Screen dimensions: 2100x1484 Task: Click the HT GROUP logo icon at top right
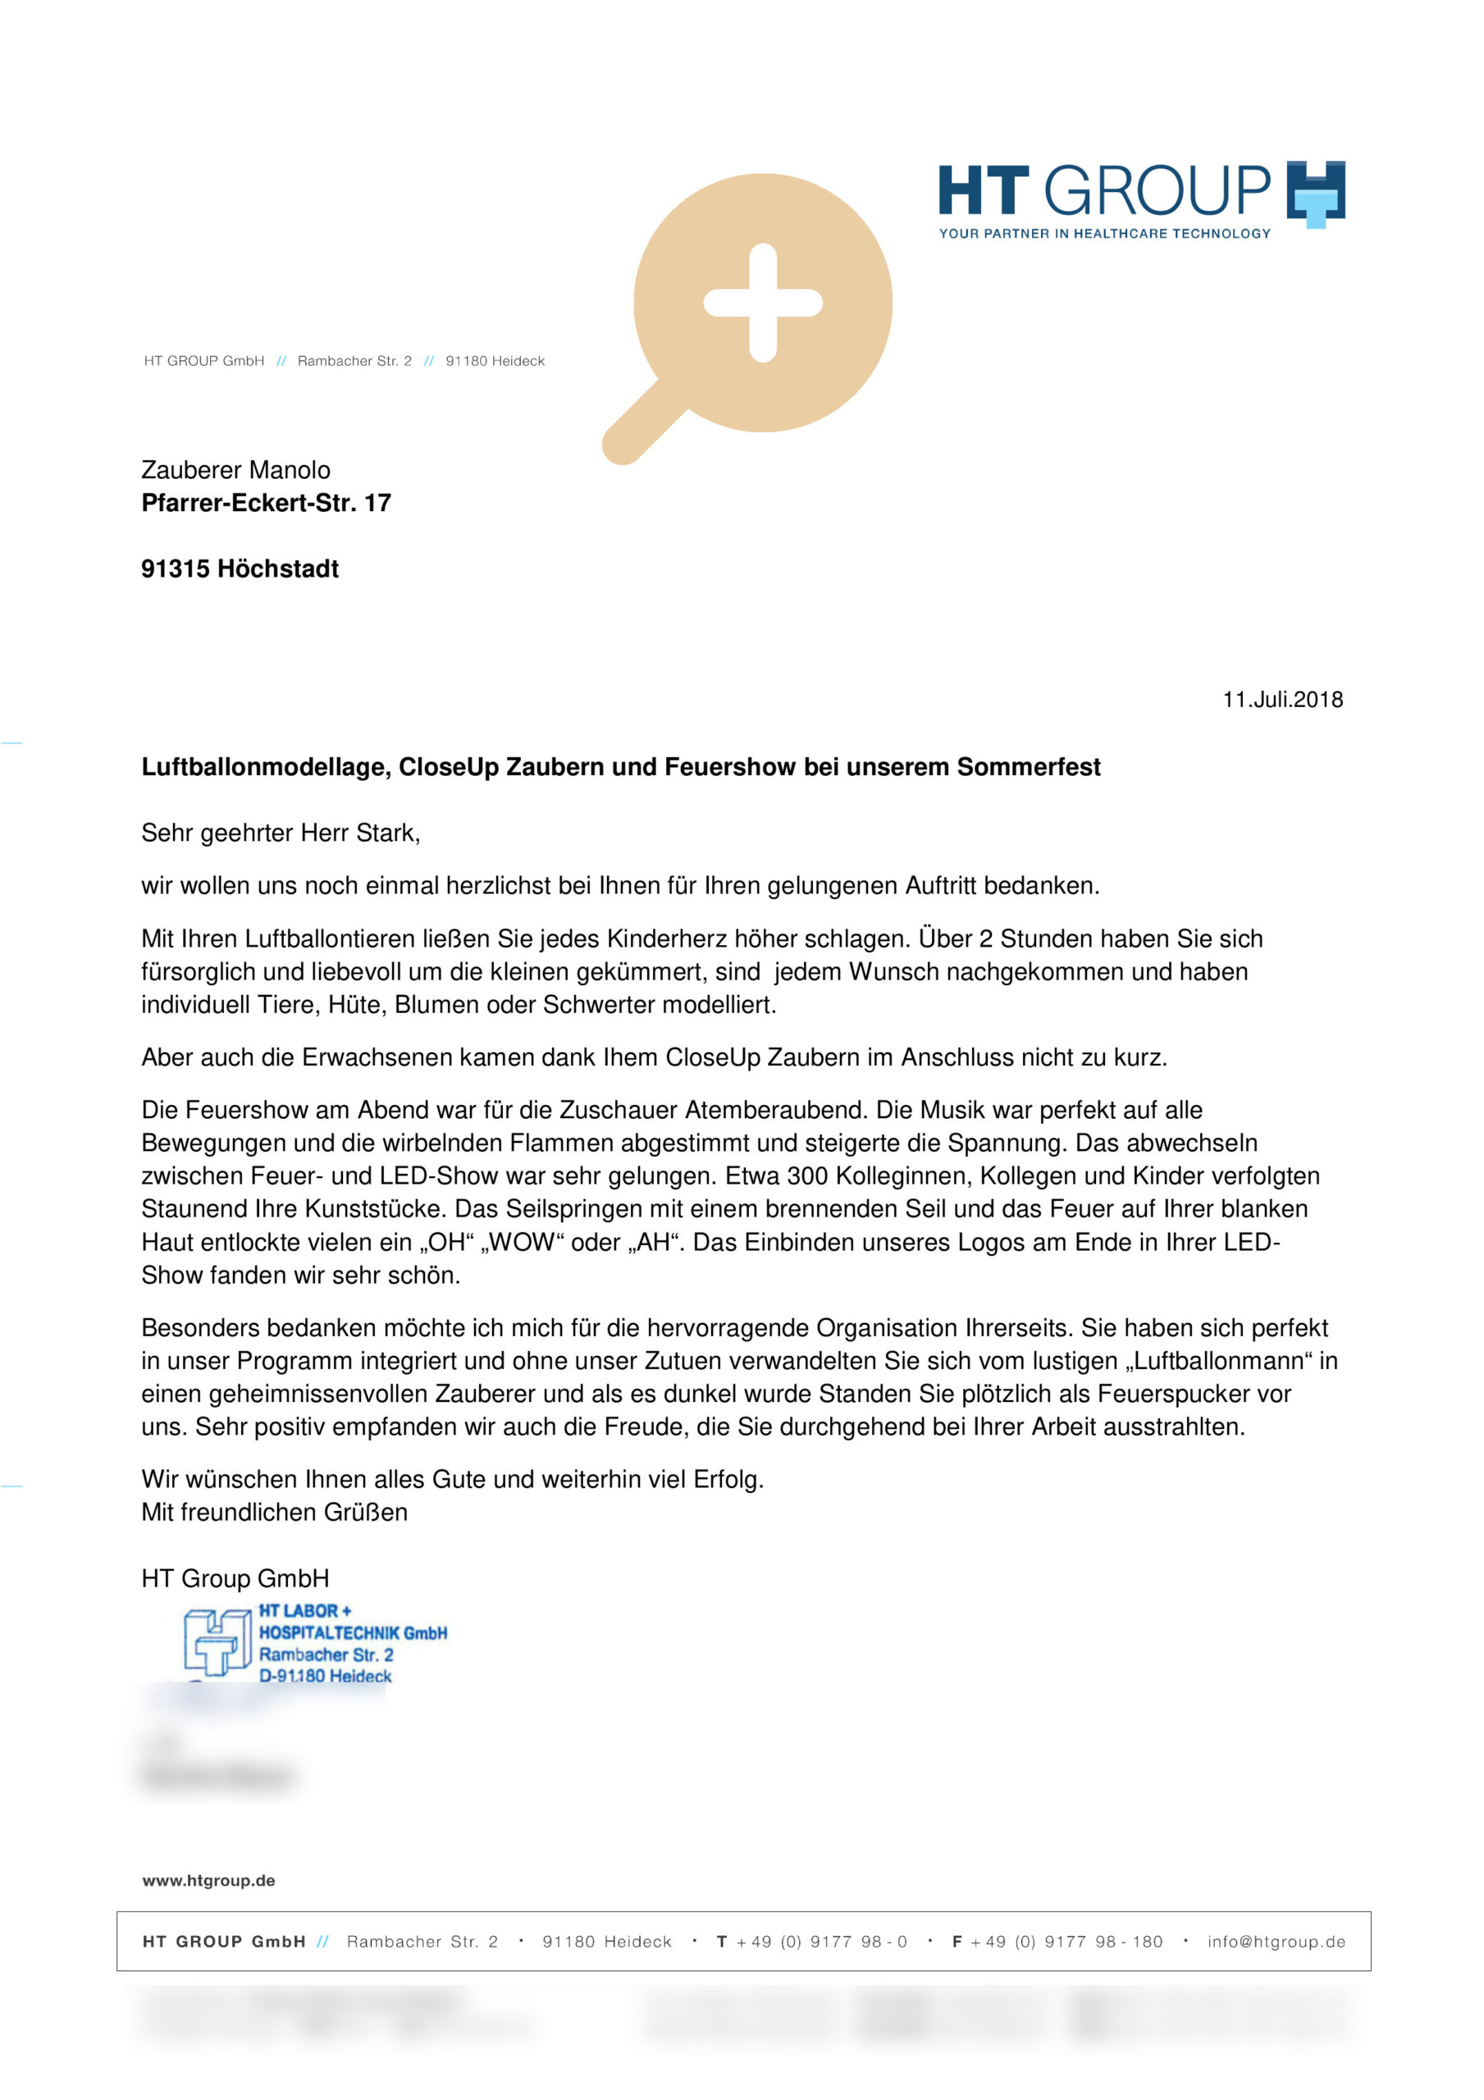[1315, 193]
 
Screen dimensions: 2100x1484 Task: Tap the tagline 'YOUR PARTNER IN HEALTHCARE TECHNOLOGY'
[1104, 233]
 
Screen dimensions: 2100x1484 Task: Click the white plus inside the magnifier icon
[762, 303]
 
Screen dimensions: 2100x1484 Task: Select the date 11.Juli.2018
[1282, 700]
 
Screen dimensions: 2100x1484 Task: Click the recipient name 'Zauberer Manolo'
[235, 470]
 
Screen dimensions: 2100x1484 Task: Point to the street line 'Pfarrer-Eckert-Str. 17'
[265, 503]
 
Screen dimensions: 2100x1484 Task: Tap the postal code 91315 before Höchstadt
[175, 569]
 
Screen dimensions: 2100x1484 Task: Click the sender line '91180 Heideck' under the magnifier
[495, 361]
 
